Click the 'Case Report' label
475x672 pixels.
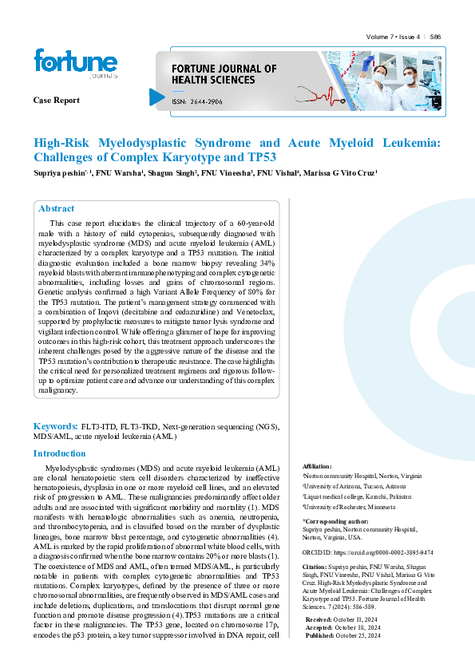(56, 101)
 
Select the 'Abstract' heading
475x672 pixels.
(57, 208)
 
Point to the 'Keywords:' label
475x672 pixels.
(54, 427)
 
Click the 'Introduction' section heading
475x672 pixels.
(60, 453)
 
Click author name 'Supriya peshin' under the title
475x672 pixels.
(60, 172)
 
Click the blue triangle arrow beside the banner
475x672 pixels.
(156, 97)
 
